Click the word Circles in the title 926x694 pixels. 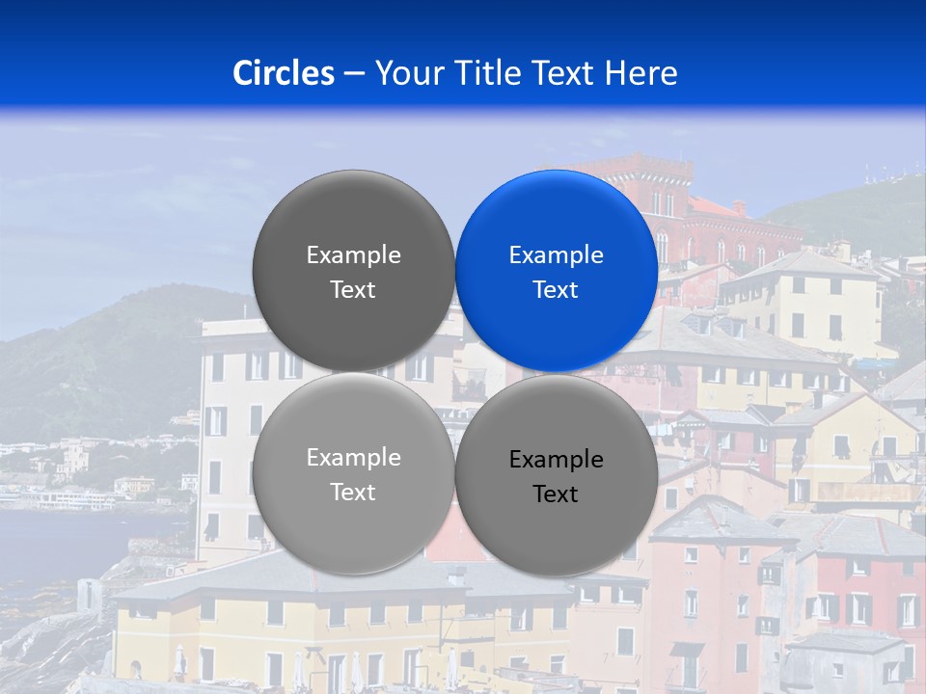coord(283,73)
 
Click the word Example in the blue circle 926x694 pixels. coord(556,255)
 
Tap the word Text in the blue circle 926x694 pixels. coord(556,290)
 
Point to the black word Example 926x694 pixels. coord(556,460)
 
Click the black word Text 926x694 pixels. coord(556,494)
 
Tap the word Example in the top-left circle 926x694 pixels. coord(353,255)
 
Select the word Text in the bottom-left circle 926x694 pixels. coord(353,493)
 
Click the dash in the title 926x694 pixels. coord(354,74)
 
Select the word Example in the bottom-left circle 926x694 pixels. coord(353,458)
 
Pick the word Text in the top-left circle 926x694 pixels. coord(353,290)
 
